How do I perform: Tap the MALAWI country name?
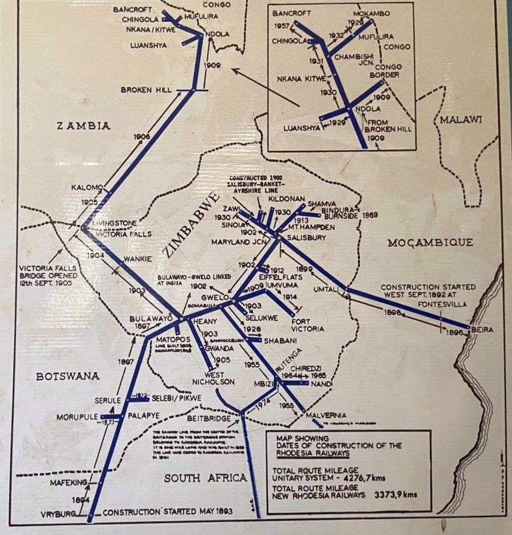tap(459, 119)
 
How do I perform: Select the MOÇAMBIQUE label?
tap(431, 242)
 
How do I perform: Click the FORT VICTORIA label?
tap(307, 324)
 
